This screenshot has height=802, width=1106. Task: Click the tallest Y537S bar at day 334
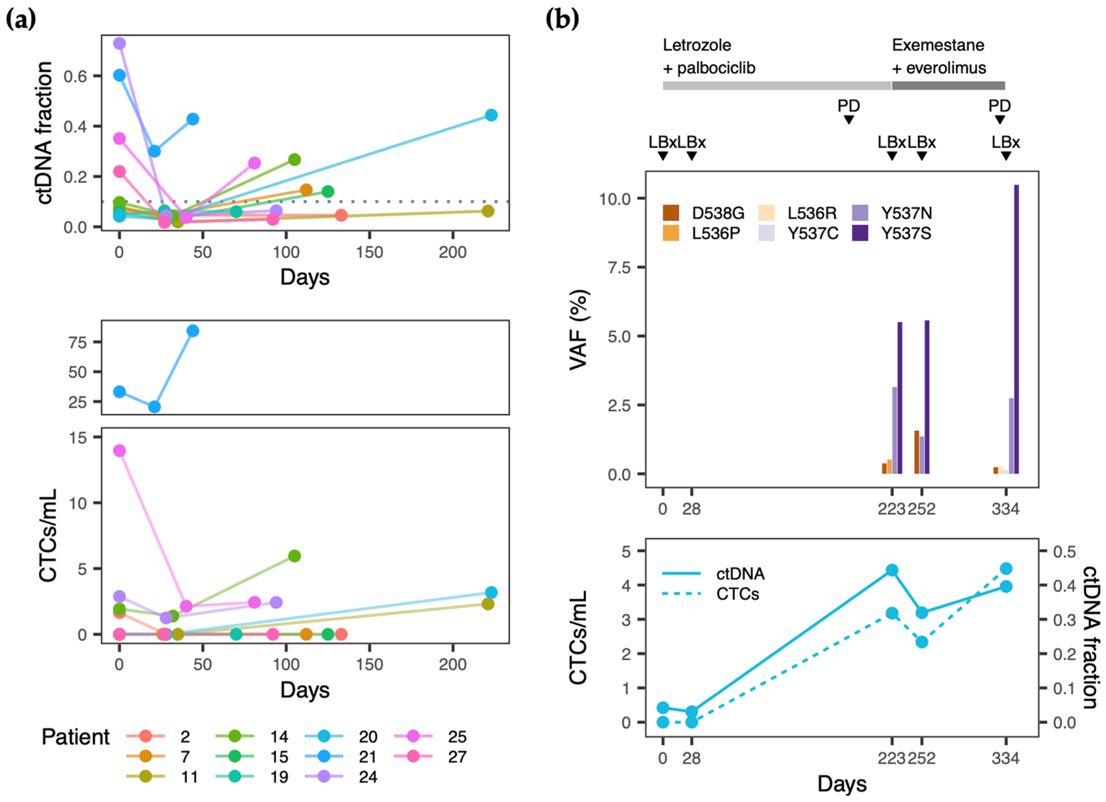[x=1016, y=329]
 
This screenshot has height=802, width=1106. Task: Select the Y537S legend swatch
[x=860, y=233]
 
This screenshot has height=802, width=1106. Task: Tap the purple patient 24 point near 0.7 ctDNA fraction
[x=119, y=43]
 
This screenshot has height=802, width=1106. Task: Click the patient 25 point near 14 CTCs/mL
[x=119, y=450]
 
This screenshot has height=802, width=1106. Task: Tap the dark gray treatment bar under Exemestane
[x=948, y=86]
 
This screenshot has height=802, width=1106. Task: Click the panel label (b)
[x=562, y=19]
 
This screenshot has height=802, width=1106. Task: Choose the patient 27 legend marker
[x=413, y=757]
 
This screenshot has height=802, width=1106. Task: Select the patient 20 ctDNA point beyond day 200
[x=491, y=115]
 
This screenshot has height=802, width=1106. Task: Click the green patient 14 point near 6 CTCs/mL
[x=294, y=556]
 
